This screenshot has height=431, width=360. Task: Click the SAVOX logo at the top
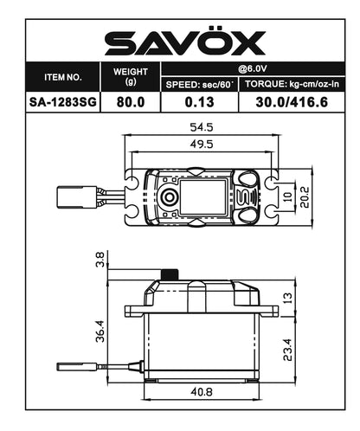[x=180, y=42]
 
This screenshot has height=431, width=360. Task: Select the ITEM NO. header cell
[x=62, y=76]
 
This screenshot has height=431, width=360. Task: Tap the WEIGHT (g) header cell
[x=131, y=76]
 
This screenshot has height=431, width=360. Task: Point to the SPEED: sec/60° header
[x=200, y=84]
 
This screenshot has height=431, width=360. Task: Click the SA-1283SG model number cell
[x=62, y=101]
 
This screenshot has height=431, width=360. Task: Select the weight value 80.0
[x=131, y=101]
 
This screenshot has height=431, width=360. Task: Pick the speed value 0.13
[x=200, y=101]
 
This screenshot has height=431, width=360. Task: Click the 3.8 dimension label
[x=100, y=258]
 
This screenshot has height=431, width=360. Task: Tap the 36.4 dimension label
[x=100, y=331]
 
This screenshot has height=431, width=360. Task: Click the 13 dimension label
[x=288, y=296]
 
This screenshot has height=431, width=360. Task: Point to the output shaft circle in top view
[x=170, y=195]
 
